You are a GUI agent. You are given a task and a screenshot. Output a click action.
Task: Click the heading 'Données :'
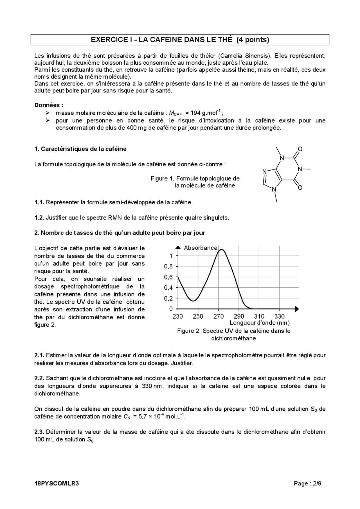click(48, 105)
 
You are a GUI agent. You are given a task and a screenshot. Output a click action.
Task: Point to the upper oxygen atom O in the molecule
click(300, 149)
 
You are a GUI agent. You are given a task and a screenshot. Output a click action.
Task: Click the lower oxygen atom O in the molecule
click(300, 187)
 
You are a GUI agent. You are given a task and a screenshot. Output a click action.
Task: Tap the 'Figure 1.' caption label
click(163, 178)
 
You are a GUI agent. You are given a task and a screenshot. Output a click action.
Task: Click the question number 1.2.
click(39, 218)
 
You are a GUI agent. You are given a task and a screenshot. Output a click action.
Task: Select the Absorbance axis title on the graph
click(201, 248)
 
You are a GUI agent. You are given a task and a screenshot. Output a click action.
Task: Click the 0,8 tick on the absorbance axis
click(168, 266)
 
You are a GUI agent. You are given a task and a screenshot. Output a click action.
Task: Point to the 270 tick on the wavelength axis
click(219, 316)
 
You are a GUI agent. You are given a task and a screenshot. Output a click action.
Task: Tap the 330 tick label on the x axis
click(279, 316)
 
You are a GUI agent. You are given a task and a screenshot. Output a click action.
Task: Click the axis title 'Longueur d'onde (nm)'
click(259, 323)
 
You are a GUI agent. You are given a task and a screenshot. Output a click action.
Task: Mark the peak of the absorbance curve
click(222, 250)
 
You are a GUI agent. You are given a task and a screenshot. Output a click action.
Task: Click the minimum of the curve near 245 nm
click(193, 301)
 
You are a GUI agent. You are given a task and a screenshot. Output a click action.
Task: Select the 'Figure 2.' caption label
click(189, 331)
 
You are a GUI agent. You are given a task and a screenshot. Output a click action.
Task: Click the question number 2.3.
click(39, 432)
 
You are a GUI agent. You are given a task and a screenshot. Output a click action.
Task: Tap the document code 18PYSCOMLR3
click(57, 483)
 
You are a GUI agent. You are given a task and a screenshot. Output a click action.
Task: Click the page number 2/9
click(317, 483)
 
